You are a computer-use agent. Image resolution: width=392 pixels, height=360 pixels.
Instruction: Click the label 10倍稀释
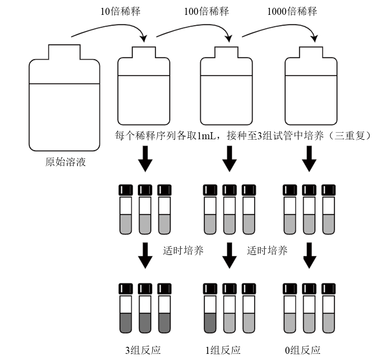tap(121, 11)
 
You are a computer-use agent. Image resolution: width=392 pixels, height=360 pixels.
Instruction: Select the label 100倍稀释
tap(206, 11)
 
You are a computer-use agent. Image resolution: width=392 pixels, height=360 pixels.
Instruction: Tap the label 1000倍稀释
tap(292, 11)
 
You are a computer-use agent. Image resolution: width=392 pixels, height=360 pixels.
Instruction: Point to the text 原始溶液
tap(65, 161)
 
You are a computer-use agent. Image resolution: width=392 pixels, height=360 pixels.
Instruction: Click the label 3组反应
tap(143, 350)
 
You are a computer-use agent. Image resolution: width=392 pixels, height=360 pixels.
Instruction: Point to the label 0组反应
tap(303, 350)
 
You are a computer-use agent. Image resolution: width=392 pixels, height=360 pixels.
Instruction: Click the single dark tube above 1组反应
tap(210, 309)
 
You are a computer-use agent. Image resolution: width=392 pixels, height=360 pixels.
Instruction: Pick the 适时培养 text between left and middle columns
tap(183, 251)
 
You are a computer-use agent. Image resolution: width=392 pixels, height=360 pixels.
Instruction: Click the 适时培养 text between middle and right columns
tap(267, 251)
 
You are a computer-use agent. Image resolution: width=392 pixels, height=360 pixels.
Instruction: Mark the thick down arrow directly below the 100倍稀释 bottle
tap(229, 159)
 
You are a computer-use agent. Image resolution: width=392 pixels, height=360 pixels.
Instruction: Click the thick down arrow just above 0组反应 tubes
tap(309, 255)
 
